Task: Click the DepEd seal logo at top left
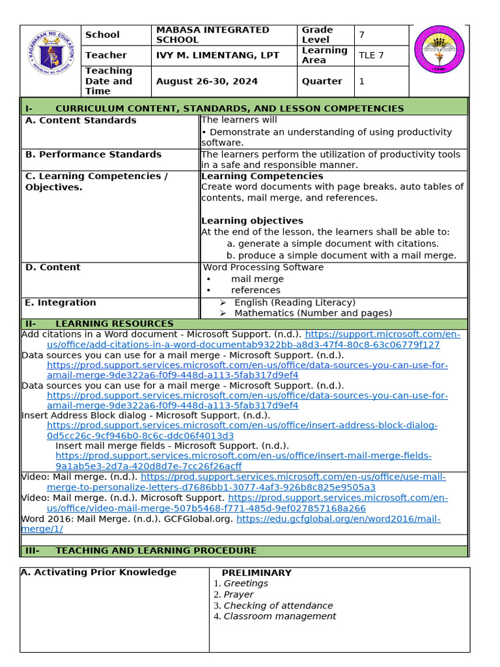pyautogui.click(x=51, y=61)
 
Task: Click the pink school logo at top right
pyautogui.click(x=439, y=51)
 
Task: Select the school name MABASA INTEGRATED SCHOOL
pyautogui.click(x=212, y=35)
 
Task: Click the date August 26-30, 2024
pyautogui.click(x=207, y=81)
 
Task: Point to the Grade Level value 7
pyautogui.click(x=362, y=35)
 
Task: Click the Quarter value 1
pyautogui.click(x=362, y=81)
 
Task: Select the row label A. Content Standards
pyautogui.click(x=81, y=121)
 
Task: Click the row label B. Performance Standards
pyautogui.click(x=93, y=154)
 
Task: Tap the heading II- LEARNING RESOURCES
pyautogui.click(x=99, y=324)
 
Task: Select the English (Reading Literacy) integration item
pyautogui.click(x=294, y=302)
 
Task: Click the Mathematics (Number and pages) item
pyautogui.click(x=312, y=313)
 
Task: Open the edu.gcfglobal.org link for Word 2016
pyautogui.click(x=338, y=519)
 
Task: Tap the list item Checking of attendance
pyautogui.click(x=278, y=605)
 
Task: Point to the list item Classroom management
pyautogui.click(x=280, y=616)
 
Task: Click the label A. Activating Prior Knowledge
pyautogui.click(x=98, y=572)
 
